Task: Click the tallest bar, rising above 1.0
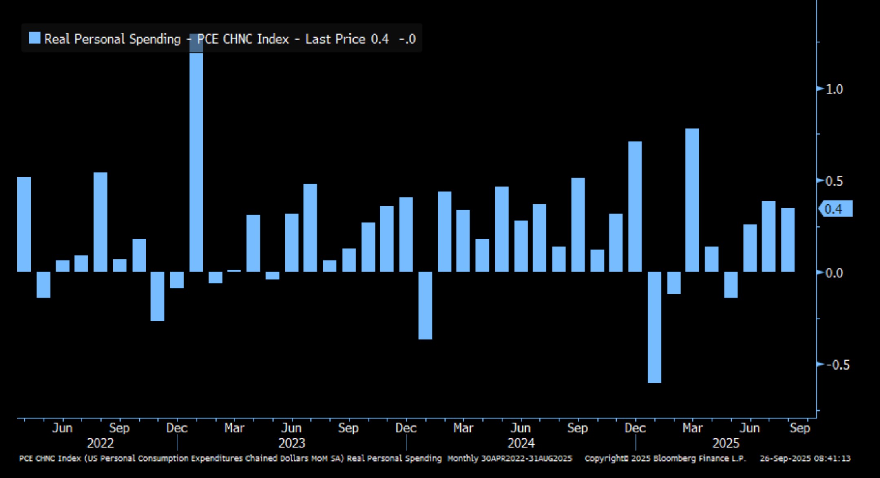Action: point(196,163)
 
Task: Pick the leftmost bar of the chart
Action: point(24,224)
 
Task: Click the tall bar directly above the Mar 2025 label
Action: point(692,200)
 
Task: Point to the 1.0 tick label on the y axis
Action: point(834,89)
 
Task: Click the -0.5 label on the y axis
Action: point(838,365)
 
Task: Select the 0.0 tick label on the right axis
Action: point(834,273)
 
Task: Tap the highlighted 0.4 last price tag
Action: point(834,209)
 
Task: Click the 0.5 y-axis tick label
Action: point(834,181)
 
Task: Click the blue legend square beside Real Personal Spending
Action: point(35,38)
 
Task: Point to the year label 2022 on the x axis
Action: point(100,443)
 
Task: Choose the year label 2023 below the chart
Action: point(292,443)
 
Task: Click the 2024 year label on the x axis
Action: point(521,443)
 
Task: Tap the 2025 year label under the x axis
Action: point(726,443)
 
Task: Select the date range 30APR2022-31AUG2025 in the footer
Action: point(526,458)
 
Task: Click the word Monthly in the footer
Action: point(462,458)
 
